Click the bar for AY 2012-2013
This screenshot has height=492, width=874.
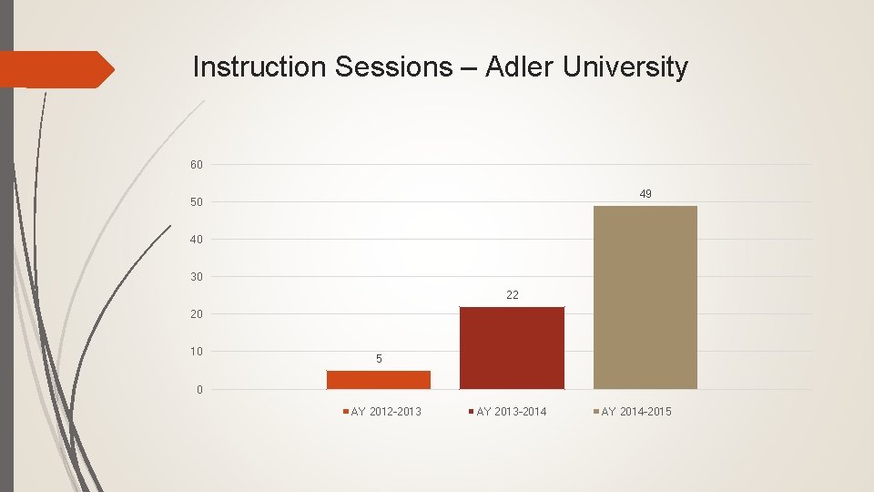pos(379,380)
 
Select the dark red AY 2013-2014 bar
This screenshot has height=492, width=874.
pos(512,348)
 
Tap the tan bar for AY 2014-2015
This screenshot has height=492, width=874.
pos(645,298)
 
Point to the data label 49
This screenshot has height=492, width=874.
pos(645,194)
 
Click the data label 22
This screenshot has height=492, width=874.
pos(513,294)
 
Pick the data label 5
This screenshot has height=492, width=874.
pos(379,360)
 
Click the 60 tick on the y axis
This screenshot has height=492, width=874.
pos(197,165)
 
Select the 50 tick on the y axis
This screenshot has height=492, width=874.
pos(197,202)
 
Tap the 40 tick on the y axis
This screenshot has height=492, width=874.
pos(197,240)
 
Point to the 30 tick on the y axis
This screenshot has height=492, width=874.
pos(197,277)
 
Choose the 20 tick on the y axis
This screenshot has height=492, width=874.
pos(197,314)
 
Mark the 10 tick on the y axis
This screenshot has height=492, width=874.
pos(197,352)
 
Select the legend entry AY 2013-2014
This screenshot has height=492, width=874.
pos(511,412)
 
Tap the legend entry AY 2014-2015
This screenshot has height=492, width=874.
pos(635,412)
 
